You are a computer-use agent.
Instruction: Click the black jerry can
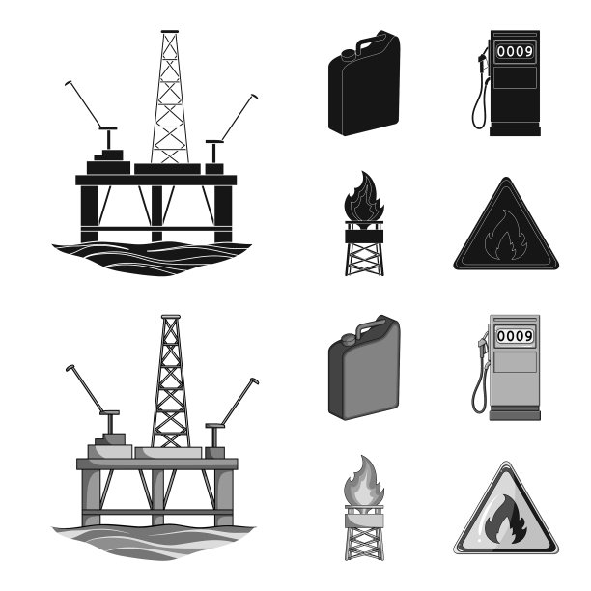coord(364,83)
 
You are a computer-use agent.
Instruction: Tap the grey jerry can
coord(364,368)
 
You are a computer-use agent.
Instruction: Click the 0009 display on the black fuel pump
coord(515,51)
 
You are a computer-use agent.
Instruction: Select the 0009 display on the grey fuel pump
coord(515,336)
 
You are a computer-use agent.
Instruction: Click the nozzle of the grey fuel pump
coord(483,347)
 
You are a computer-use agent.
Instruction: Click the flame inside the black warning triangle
coord(500,236)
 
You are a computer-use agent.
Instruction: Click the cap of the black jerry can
coord(349,55)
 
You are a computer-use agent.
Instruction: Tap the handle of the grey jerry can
coord(371,325)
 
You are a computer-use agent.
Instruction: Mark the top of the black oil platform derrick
coord(170,31)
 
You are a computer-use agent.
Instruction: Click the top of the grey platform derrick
coord(171,316)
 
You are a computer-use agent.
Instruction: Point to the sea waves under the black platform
coord(152,258)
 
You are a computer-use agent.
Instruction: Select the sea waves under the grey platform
coord(154,543)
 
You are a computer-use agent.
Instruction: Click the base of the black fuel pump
coord(515,130)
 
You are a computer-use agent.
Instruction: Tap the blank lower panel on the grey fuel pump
coord(515,362)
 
